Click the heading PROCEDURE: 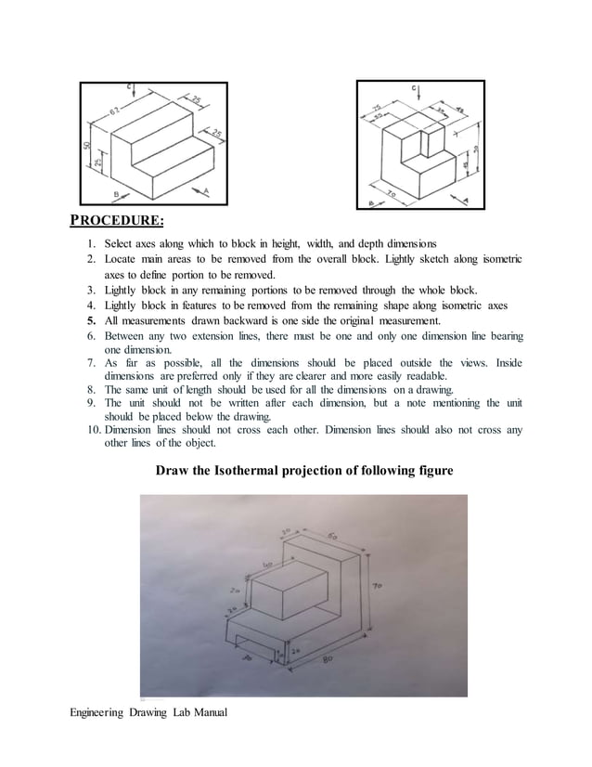coord(118,220)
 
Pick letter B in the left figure coord(117,193)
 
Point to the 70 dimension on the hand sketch coord(379,586)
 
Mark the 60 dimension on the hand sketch coord(331,536)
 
